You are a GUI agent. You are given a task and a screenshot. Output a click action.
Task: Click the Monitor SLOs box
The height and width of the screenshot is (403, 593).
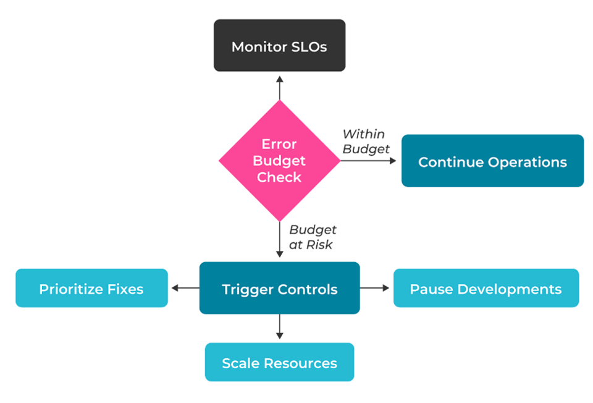tap(279, 45)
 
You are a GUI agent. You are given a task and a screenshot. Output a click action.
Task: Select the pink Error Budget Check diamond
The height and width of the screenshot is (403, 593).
tap(279, 161)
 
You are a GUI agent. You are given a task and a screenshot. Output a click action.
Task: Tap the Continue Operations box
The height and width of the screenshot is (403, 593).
tap(492, 161)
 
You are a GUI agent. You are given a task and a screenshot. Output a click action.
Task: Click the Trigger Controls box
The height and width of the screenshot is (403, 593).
tap(279, 288)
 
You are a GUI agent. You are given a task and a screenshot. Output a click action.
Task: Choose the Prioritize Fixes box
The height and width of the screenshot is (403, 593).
tap(91, 288)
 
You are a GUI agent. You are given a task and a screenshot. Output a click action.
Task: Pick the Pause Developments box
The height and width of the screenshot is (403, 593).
tap(486, 288)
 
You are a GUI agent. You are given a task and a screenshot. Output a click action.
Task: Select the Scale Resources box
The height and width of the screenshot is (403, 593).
tap(279, 362)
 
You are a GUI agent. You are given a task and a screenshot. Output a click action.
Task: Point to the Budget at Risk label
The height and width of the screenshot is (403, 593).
tap(313, 237)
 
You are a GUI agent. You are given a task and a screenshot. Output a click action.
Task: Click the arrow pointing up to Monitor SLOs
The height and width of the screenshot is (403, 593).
tap(279, 87)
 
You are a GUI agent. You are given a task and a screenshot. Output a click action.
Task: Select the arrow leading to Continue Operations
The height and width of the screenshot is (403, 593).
tap(368, 161)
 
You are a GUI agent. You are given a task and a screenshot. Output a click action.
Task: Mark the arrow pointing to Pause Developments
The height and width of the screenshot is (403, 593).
tap(375, 288)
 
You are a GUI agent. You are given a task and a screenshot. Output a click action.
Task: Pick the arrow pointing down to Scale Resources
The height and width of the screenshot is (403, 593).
tap(279, 327)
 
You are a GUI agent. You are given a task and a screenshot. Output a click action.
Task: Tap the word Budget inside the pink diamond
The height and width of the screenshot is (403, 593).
tap(279, 161)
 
